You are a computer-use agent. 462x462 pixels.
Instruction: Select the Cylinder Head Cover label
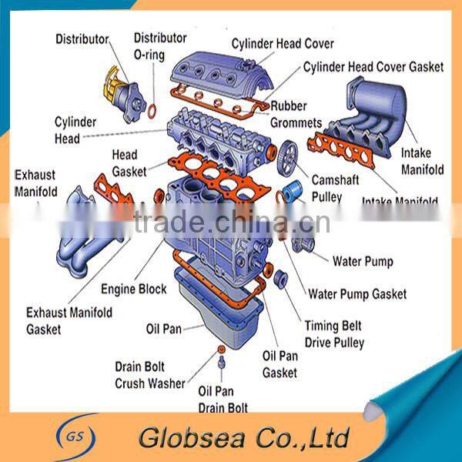pyautogui.click(x=283, y=43)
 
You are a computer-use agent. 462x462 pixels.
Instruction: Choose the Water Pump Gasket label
pyautogui.click(x=357, y=293)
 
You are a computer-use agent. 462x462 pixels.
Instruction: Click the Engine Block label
pyautogui.click(x=134, y=290)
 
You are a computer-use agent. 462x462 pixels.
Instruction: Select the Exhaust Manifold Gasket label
pyautogui.click(x=69, y=320)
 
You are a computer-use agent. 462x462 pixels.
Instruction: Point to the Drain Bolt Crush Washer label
pyautogui.click(x=150, y=374)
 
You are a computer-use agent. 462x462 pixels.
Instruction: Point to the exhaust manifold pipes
pyautogui.click(x=85, y=231)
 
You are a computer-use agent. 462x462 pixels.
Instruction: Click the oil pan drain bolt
pyautogui.click(x=222, y=362)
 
